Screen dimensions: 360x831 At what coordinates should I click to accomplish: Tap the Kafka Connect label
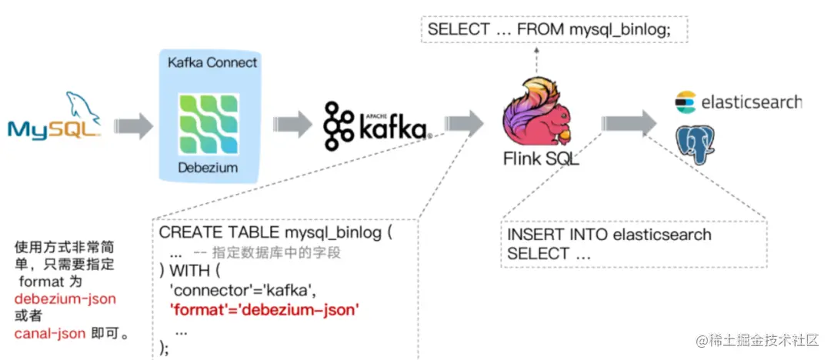[212, 62]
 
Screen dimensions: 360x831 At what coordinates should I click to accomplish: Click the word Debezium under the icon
[208, 168]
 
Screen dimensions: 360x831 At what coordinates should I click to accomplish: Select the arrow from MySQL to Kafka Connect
[133, 125]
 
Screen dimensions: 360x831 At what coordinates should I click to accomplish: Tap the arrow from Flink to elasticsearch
[627, 123]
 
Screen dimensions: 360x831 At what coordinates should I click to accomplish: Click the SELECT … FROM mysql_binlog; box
[549, 30]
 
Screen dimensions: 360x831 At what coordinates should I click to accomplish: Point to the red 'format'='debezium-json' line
[265, 311]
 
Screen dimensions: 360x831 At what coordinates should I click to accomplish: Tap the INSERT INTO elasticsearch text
[609, 235]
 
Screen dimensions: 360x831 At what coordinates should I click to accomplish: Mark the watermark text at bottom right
[757, 340]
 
